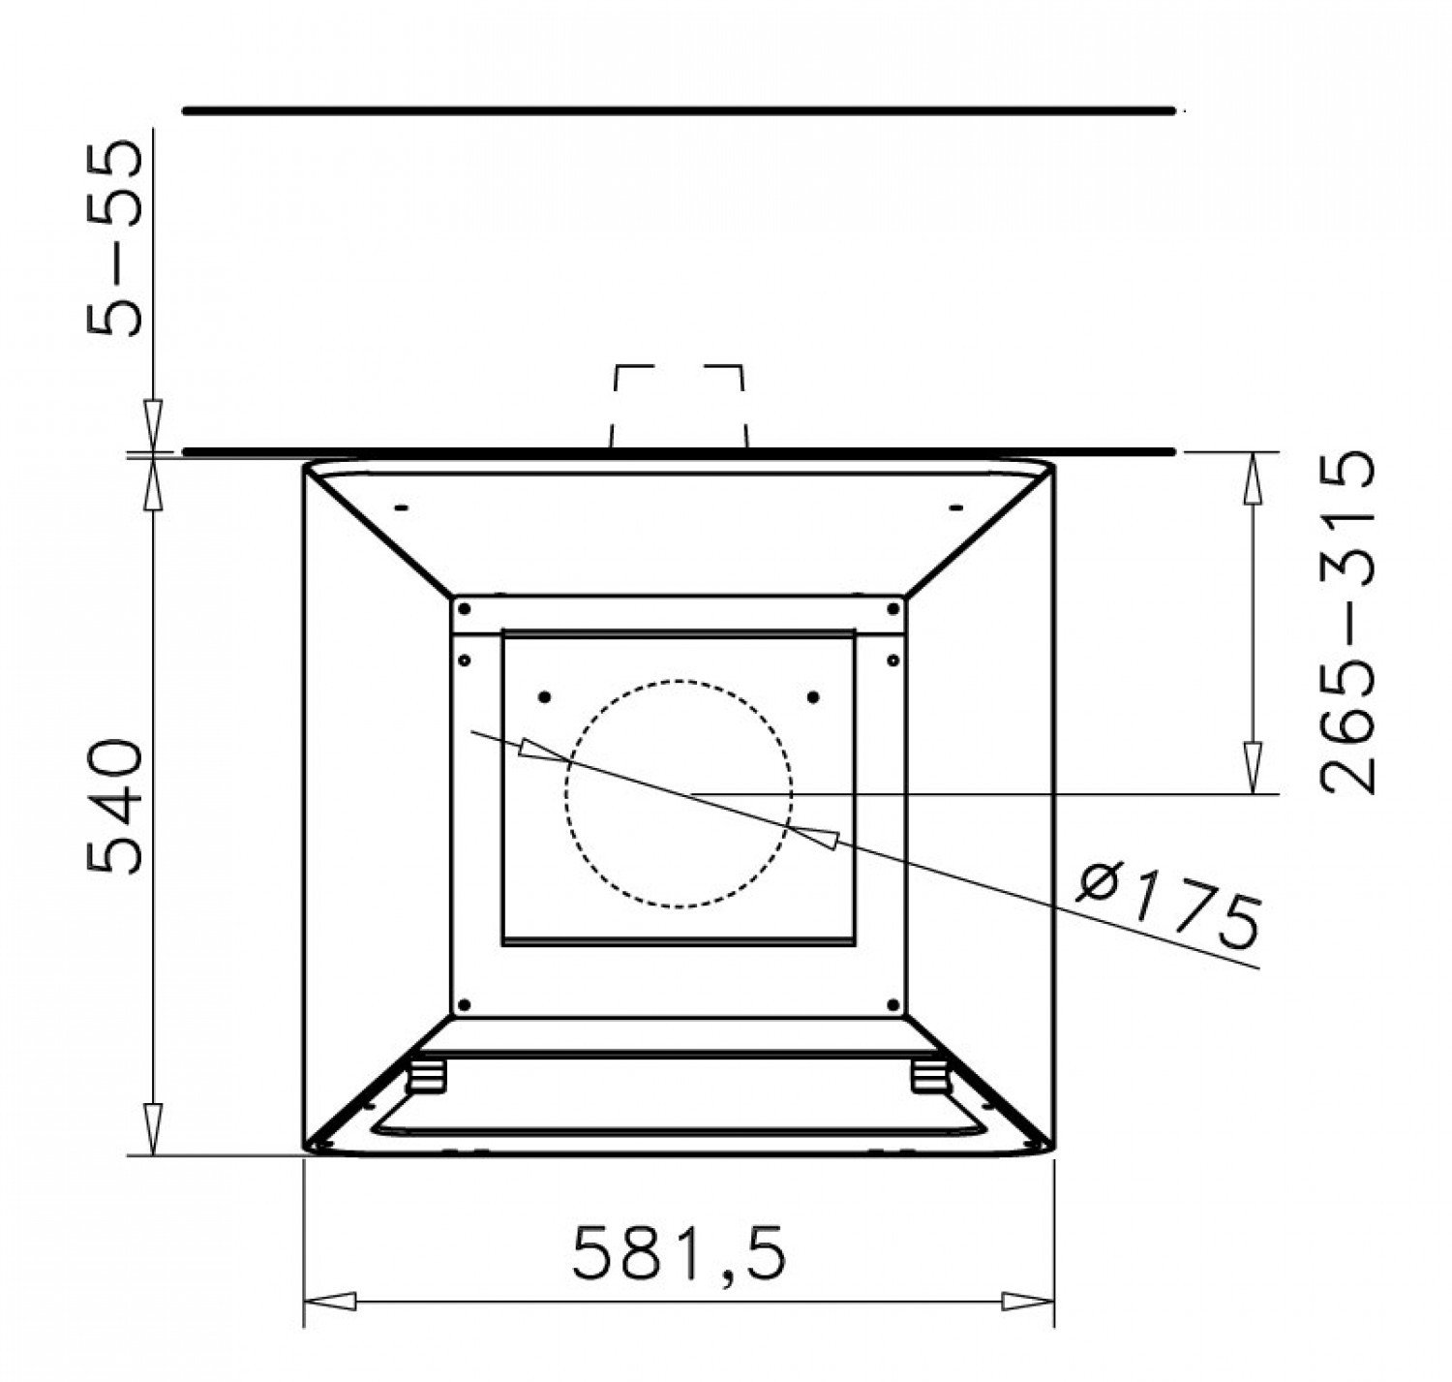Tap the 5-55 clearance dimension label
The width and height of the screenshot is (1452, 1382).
[x=113, y=238]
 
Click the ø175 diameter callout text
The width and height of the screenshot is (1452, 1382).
[x=1167, y=906]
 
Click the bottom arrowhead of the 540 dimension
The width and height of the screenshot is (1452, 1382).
[x=152, y=1128]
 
